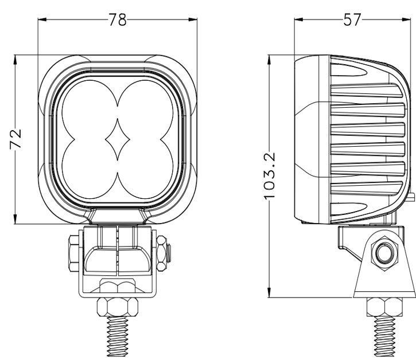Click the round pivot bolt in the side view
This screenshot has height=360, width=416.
(382, 252)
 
